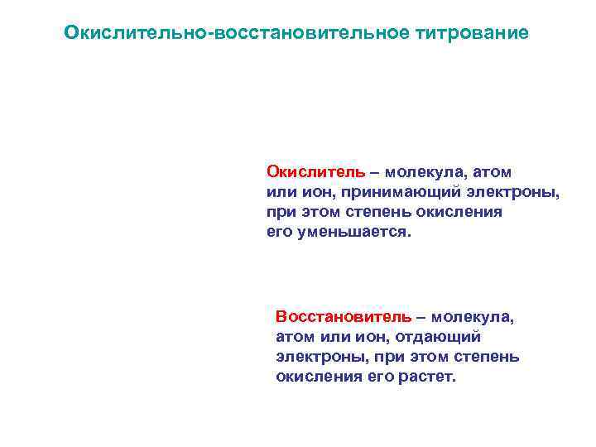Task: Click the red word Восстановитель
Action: tap(343, 317)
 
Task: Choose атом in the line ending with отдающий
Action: tap(293, 337)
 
